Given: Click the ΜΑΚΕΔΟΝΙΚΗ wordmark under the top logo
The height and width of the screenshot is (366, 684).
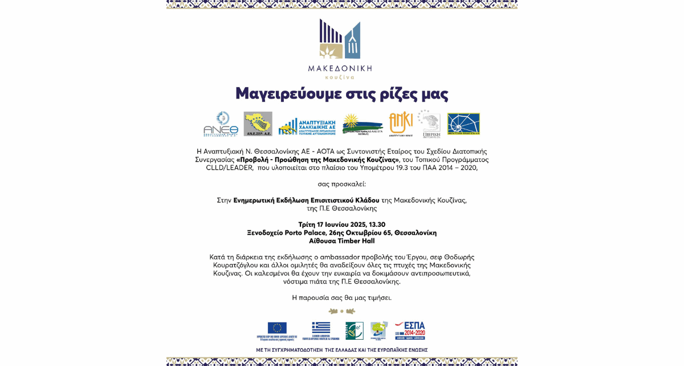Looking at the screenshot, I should [340, 68].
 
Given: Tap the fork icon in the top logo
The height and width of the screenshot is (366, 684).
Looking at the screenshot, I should [352, 42].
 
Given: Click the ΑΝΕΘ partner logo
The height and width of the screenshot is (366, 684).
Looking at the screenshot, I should [221, 124].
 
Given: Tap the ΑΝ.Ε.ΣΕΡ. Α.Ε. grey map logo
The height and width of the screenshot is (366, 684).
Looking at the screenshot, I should [258, 124].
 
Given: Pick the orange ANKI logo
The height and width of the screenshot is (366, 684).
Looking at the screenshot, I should [401, 123].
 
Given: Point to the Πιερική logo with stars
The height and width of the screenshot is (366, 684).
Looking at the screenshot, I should [429, 124].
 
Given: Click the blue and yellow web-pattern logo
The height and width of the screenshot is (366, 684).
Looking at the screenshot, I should [463, 124].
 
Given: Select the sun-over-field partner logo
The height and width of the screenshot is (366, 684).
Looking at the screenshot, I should [362, 124].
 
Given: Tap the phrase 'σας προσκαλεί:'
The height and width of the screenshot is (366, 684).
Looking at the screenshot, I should [342, 184].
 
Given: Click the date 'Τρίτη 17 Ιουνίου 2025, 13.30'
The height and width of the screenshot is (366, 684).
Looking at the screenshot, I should [342, 225].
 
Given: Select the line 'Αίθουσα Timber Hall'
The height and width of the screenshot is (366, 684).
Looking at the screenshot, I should [342, 241].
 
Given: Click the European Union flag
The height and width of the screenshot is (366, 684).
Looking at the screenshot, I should [277, 328].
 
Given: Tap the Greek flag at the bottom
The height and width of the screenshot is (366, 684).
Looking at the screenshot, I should [321, 328].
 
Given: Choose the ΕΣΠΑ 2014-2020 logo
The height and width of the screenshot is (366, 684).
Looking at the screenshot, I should [410, 330].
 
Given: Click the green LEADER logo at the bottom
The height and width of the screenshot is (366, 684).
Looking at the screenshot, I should [355, 330].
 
